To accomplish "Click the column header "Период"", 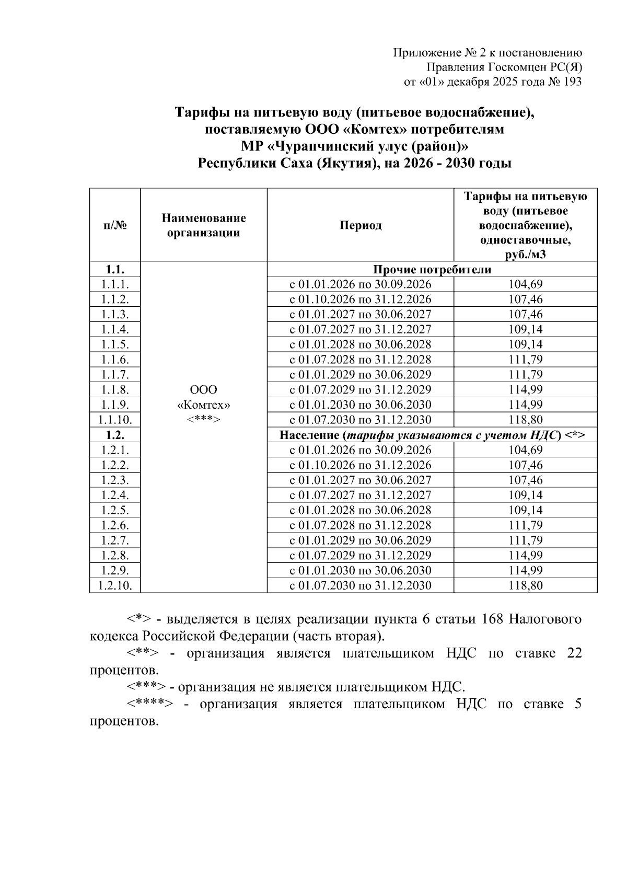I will [361, 225].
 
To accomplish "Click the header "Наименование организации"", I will [203, 225].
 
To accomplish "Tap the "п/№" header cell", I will [115, 225].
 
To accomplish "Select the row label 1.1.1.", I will [115, 284].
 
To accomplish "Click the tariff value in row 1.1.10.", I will [525, 420].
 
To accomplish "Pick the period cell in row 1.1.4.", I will [361, 329].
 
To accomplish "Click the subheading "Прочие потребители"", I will [432, 270].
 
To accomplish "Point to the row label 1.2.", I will [115, 435].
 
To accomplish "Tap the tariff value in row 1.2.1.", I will [525, 450].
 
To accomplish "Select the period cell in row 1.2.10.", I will [361, 585].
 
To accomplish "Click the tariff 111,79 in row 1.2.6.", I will [525, 525].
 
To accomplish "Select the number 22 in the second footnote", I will [574, 653].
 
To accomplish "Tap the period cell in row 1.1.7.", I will [361, 375].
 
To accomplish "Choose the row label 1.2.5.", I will [115, 510].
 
